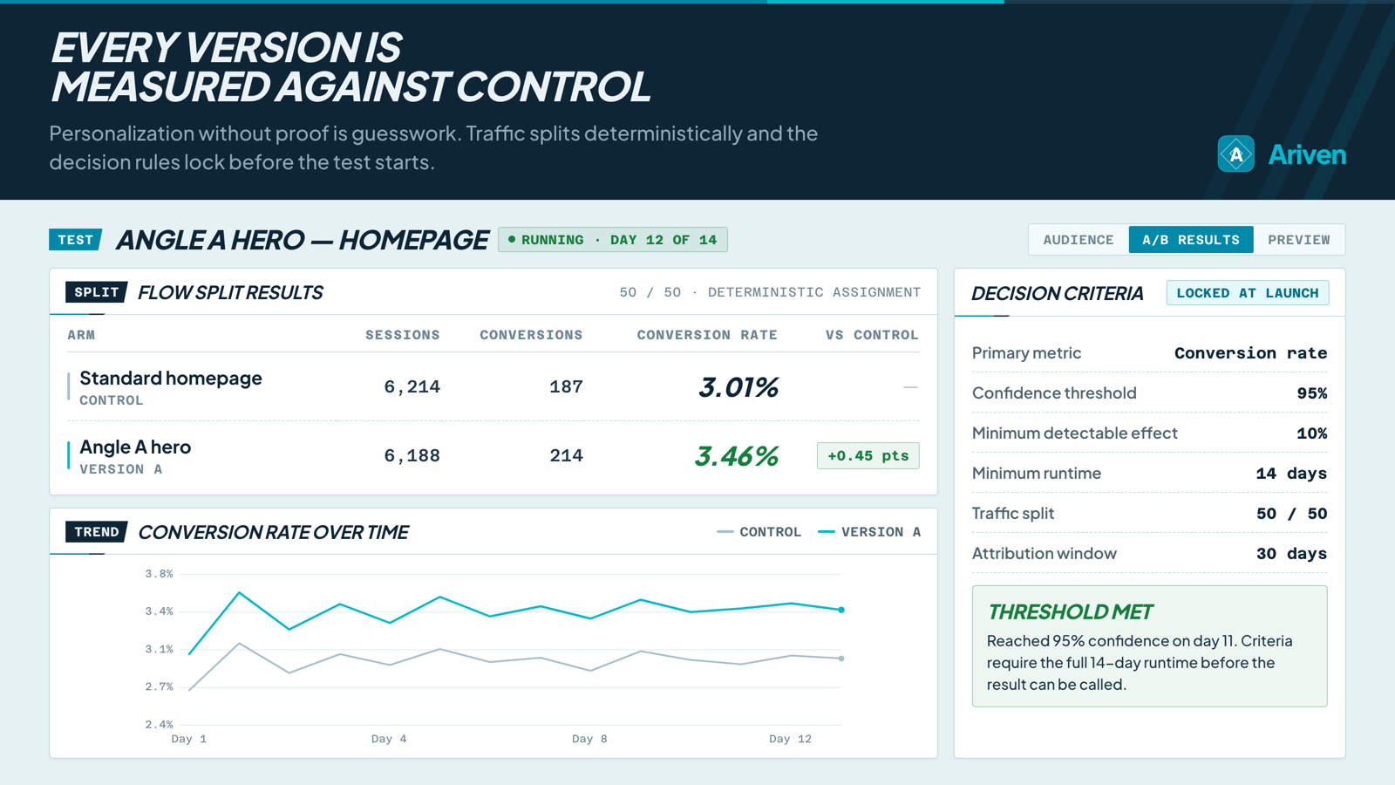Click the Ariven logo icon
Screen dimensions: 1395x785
pyautogui.click(x=1235, y=154)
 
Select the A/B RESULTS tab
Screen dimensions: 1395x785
pyautogui.click(x=1191, y=240)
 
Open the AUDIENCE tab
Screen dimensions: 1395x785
pyautogui.click(x=1078, y=240)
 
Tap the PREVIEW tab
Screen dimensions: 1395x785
pyautogui.click(x=1298, y=240)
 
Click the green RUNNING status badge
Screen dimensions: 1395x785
pyautogui.click(x=613, y=240)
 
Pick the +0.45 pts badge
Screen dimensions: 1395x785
pyautogui.click(x=868, y=455)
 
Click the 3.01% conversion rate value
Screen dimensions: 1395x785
pyautogui.click(x=738, y=387)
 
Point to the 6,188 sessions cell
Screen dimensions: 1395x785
pyautogui.click(x=412, y=455)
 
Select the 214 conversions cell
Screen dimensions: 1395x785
pyautogui.click(x=566, y=455)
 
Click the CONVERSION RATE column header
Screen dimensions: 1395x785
pyautogui.click(x=707, y=335)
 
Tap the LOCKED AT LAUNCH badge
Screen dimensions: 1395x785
pyautogui.click(x=1248, y=293)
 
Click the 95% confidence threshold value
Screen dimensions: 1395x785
pyautogui.click(x=1311, y=393)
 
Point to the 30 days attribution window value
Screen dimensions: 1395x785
pyautogui.click(x=1291, y=553)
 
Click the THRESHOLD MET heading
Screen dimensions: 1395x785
pyautogui.click(x=1071, y=611)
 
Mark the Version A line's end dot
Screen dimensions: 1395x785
pyautogui.click(x=841, y=610)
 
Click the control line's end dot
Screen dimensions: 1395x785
pyautogui.click(x=841, y=659)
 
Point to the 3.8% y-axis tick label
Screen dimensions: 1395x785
pyautogui.click(x=159, y=574)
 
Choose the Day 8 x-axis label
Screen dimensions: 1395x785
pyautogui.click(x=589, y=739)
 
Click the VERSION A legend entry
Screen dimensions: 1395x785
pyautogui.click(x=869, y=532)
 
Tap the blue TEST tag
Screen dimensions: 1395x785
pyautogui.click(x=75, y=240)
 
